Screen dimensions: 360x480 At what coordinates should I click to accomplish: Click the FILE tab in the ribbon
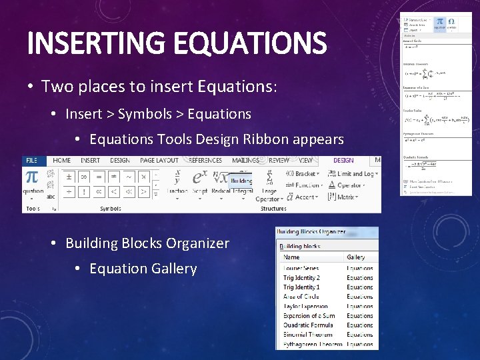click(x=31, y=161)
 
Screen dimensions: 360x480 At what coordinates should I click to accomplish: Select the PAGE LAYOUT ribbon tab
click(x=159, y=161)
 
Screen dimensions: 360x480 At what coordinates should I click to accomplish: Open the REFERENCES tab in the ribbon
click(x=206, y=161)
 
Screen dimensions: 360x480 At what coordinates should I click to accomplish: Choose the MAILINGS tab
click(x=246, y=161)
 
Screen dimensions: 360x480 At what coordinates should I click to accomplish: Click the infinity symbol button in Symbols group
click(x=85, y=177)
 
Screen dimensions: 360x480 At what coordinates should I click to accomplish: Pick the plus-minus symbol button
click(x=68, y=177)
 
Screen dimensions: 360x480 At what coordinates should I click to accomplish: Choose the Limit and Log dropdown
click(x=353, y=174)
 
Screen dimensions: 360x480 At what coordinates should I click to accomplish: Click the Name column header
click(x=292, y=257)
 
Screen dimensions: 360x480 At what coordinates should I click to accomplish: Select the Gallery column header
click(x=356, y=257)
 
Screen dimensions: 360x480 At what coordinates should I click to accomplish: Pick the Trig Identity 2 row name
click(x=301, y=278)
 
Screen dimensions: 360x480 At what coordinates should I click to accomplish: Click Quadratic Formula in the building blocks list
click(x=308, y=325)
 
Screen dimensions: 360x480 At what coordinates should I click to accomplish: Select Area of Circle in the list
click(x=301, y=297)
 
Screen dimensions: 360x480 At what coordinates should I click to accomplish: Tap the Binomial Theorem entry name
click(x=308, y=335)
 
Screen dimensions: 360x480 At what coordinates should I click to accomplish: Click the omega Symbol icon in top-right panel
click(x=452, y=22)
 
